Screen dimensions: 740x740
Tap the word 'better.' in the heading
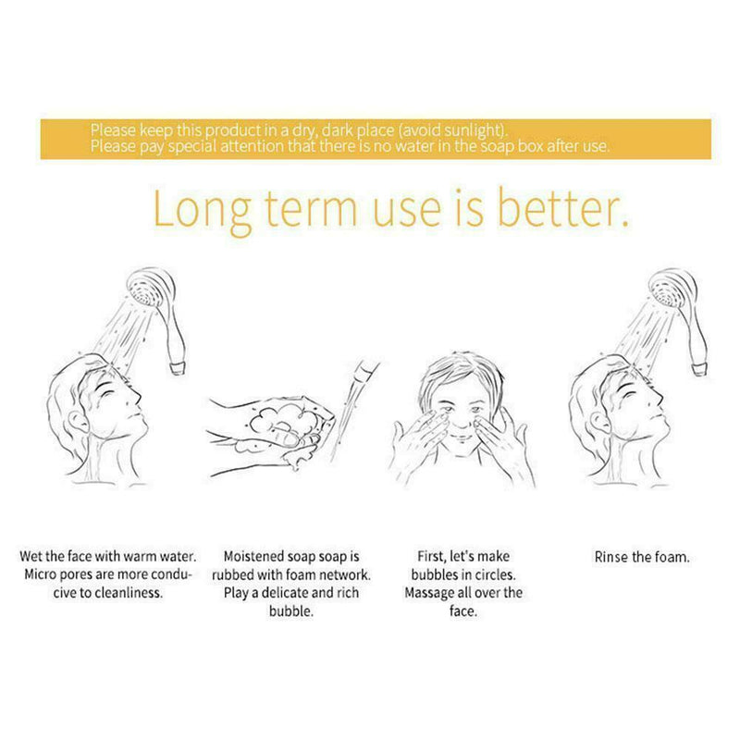[x=563, y=208]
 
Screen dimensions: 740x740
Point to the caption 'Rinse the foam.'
[x=642, y=558]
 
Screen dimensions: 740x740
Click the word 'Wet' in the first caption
[x=31, y=557]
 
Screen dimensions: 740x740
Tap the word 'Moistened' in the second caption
[x=253, y=557]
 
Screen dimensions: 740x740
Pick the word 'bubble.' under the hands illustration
[x=291, y=611]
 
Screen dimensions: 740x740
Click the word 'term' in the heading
[x=310, y=209]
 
